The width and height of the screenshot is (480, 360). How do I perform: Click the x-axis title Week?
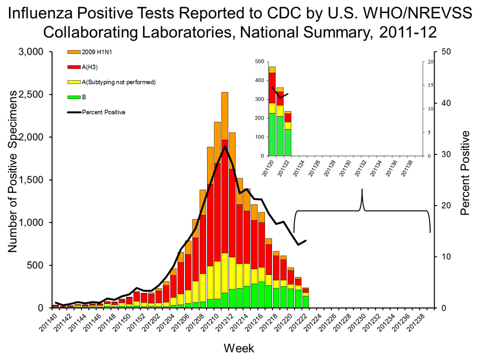click(x=239, y=347)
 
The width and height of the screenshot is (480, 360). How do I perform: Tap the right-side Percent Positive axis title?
click(x=465, y=172)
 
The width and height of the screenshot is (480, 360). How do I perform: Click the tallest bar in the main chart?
click(x=225, y=200)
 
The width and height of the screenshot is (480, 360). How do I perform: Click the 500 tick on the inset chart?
click(x=258, y=61)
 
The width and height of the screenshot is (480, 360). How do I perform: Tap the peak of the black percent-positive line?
click(x=225, y=146)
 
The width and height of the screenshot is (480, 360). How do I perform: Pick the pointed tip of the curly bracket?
click(x=362, y=189)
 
